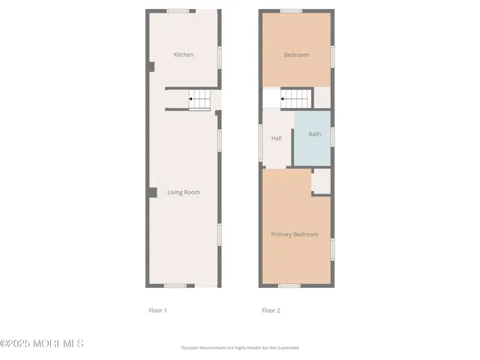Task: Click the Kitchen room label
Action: pos(184,55)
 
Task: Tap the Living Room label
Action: pos(184,193)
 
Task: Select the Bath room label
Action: pos(315,134)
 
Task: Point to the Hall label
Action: pos(276,138)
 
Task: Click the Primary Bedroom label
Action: pos(295,235)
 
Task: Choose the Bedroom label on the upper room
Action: pos(296,55)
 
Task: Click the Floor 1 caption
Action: pos(157,310)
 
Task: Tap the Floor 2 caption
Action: pos(270,310)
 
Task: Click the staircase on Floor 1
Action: pos(199,98)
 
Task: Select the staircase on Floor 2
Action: pos(295,97)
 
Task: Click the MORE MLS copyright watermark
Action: pos(42,343)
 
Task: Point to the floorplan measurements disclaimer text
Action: pos(240,348)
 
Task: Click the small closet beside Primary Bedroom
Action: pos(321,181)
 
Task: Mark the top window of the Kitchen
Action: pos(178,11)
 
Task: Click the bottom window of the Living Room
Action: pos(175,286)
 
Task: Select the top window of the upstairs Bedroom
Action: pos(291,11)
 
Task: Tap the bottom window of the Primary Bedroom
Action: pos(289,286)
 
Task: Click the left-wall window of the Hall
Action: pos(261,141)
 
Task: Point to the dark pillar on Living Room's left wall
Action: pos(151,193)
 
